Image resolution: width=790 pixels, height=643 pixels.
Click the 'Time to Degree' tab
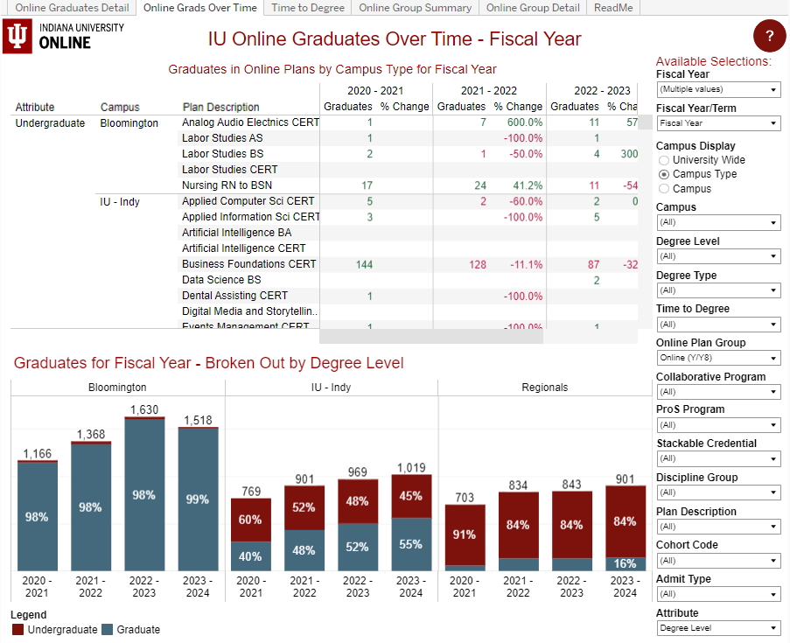(x=308, y=8)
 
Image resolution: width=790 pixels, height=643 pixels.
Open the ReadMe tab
(x=613, y=8)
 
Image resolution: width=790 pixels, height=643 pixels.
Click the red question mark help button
(x=769, y=36)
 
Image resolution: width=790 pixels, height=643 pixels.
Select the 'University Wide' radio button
(x=664, y=160)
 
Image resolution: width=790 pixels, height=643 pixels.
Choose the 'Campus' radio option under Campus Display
(x=664, y=188)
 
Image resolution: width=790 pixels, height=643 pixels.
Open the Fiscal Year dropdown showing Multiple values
(x=718, y=90)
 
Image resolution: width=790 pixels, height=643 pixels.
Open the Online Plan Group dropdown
(x=718, y=359)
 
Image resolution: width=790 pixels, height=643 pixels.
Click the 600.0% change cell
(x=524, y=122)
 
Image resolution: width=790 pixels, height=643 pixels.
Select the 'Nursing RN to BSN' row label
(x=227, y=185)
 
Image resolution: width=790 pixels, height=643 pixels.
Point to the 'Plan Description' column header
(x=220, y=108)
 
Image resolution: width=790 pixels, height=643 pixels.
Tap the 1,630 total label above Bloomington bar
(x=144, y=409)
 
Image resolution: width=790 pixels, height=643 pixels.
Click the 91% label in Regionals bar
(x=464, y=535)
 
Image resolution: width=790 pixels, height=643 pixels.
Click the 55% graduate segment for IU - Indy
(x=411, y=544)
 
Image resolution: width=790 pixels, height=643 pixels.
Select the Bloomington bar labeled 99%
(x=198, y=500)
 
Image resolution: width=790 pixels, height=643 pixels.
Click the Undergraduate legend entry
(x=55, y=630)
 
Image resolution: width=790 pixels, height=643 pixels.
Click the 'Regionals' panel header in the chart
(x=544, y=387)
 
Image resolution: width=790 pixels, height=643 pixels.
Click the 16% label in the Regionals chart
(x=625, y=564)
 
